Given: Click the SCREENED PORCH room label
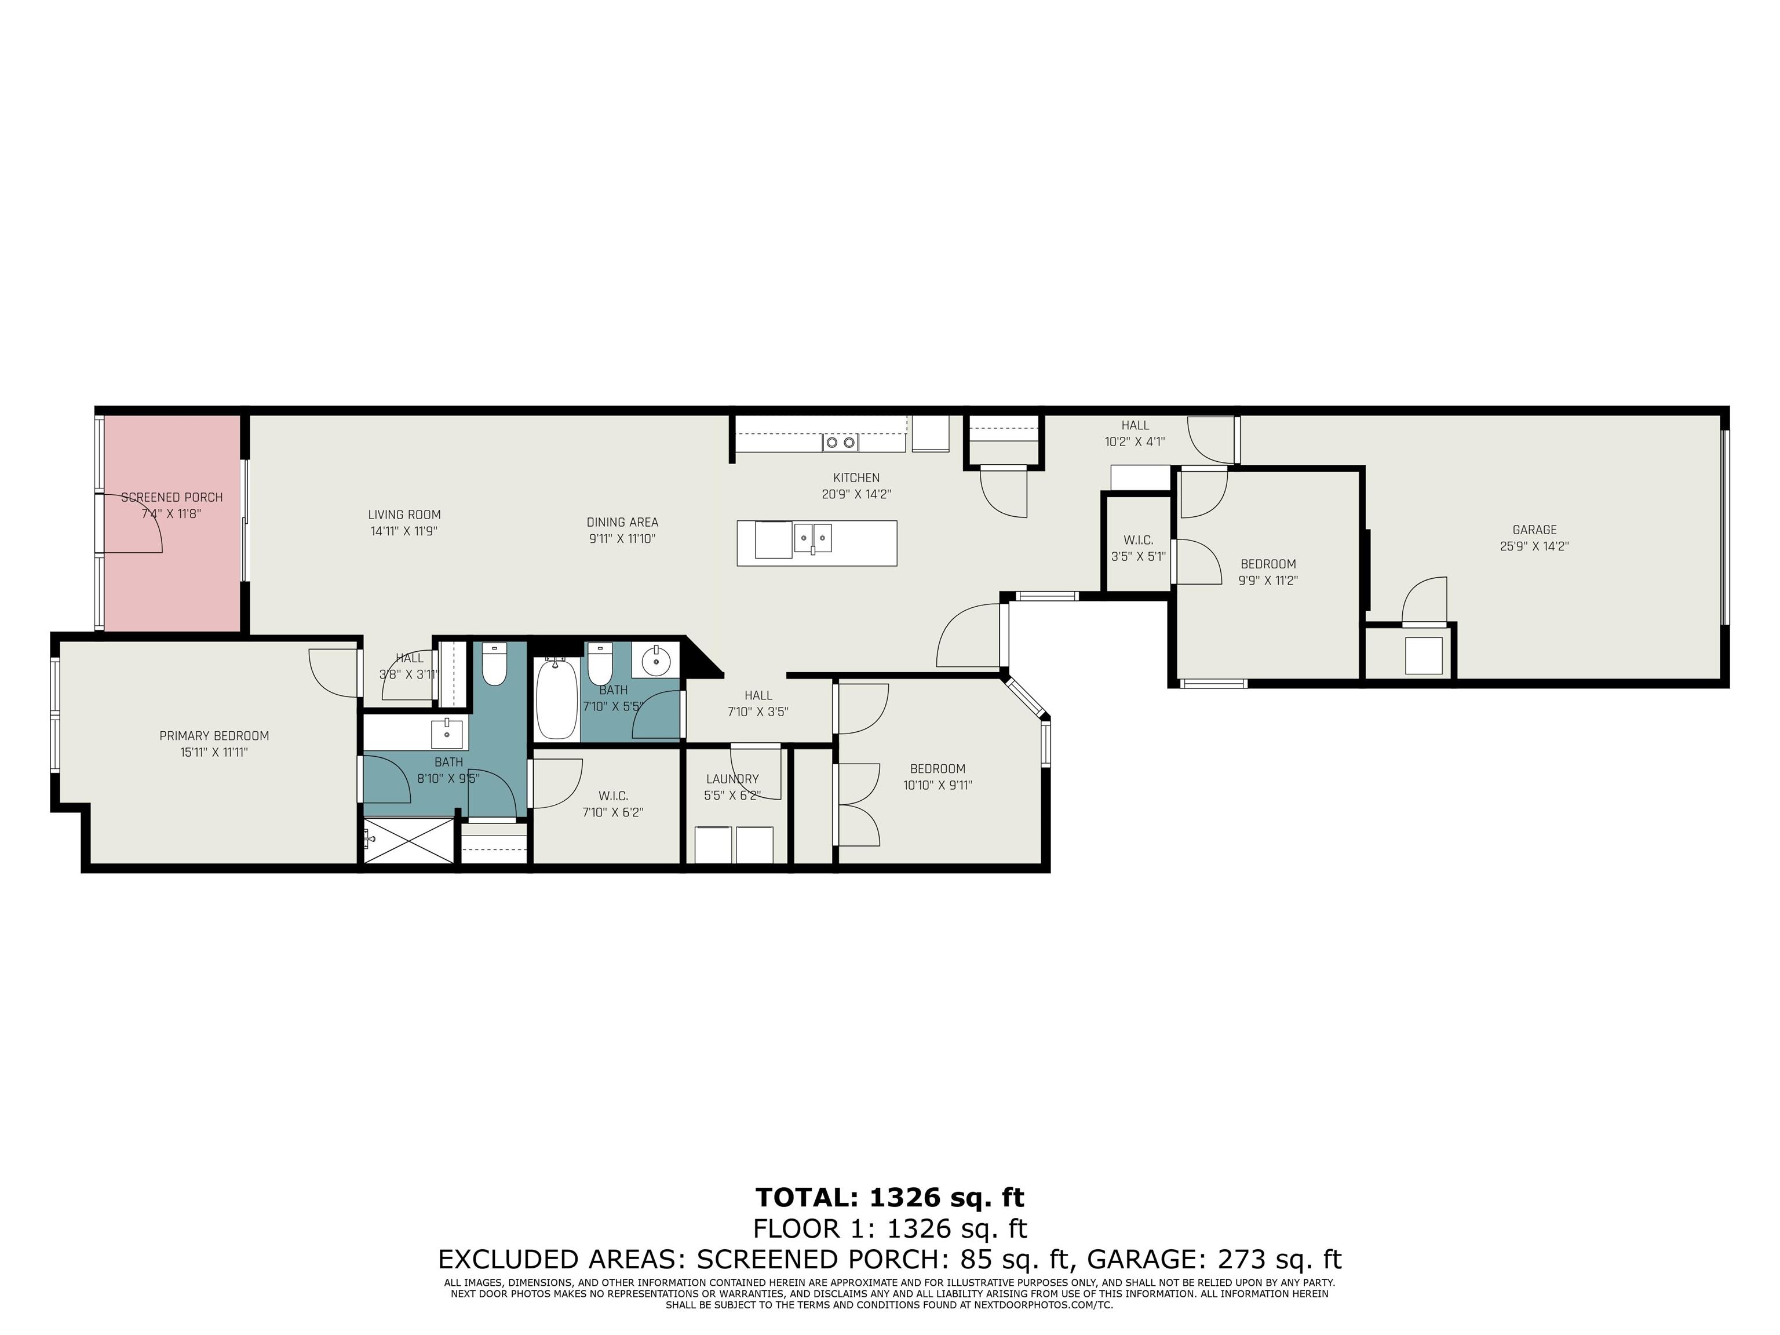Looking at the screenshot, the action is (172, 497).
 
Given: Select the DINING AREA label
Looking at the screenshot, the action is (622, 522).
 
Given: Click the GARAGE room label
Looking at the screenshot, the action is (1534, 530).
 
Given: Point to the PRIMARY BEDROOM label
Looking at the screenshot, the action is (214, 735).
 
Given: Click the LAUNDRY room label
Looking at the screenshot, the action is (732, 779).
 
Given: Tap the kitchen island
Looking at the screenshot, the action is (817, 543).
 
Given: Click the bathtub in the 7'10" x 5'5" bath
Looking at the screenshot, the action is (557, 698).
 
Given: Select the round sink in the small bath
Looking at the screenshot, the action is (656, 661).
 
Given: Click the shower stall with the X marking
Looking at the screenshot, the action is (410, 841).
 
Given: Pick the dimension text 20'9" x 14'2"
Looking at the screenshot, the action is (856, 494).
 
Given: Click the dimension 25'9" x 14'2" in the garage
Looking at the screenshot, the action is (1534, 546).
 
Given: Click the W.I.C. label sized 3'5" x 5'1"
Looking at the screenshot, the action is (1139, 541).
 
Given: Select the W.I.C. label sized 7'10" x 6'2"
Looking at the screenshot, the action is (613, 797).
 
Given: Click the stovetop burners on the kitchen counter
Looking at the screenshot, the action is (840, 442).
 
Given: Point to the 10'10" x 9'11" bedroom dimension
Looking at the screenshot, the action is (938, 785).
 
